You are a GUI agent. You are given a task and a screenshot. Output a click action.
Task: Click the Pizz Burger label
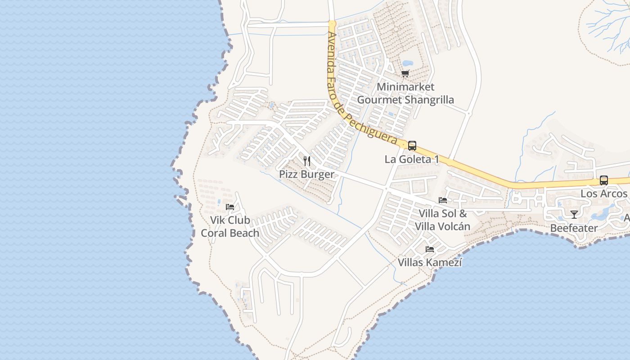click(306, 175)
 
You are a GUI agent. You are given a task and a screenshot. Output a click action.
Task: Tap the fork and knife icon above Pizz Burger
click(307, 161)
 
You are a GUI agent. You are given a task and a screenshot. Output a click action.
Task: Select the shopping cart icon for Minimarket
click(405, 73)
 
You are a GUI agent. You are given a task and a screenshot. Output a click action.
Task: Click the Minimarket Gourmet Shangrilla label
click(405, 93)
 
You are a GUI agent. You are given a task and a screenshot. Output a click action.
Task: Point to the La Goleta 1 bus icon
click(412, 146)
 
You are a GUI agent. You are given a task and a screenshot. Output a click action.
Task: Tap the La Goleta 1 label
click(412, 159)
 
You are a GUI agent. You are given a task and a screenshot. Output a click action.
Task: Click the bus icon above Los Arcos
click(603, 180)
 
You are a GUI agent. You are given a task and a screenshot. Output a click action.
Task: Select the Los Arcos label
click(603, 193)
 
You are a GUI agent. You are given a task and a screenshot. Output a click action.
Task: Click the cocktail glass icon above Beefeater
click(574, 214)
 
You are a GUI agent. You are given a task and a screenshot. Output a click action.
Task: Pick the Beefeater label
click(574, 228)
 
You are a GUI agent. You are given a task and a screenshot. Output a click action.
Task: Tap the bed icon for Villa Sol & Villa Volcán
click(443, 200)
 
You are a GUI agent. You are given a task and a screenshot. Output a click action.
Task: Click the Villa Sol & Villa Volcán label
click(442, 220)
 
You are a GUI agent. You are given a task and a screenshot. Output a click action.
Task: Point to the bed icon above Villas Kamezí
click(430, 249)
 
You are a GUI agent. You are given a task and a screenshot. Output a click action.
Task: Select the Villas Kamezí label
click(430, 262)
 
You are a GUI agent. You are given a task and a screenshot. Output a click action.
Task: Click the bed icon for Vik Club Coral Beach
click(230, 207)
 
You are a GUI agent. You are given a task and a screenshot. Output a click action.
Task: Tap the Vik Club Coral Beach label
click(230, 227)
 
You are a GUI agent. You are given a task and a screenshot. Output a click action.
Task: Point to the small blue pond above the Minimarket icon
click(407, 63)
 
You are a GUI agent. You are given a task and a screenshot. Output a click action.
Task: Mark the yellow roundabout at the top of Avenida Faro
click(332, 23)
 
